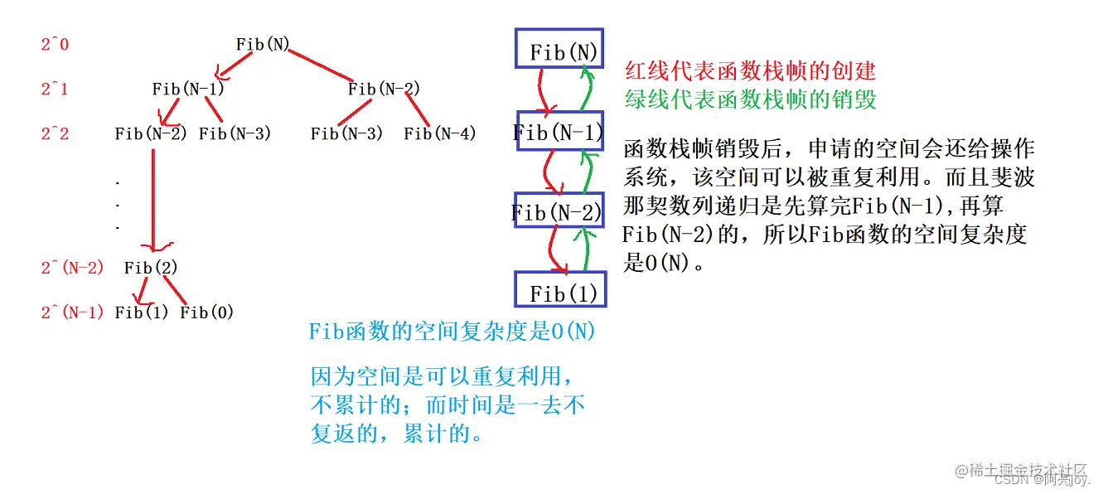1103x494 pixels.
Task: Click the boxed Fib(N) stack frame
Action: [558, 51]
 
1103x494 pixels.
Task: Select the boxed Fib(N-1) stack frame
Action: [558, 131]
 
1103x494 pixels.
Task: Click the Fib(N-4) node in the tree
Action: [440, 133]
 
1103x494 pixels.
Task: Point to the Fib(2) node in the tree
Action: [151, 268]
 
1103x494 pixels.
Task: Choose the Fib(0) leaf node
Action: [207, 312]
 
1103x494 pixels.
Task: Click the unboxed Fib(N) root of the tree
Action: [263, 44]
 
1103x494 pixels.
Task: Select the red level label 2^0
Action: [56, 44]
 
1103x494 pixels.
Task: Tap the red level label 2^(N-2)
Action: [73, 268]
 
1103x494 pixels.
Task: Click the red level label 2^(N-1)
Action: [73, 312]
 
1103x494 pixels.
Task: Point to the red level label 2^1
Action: [56, 89]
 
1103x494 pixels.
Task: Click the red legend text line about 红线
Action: [749, 71]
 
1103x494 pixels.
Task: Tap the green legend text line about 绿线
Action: [749, 100]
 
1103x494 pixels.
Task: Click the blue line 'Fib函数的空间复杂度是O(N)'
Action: [452, 332]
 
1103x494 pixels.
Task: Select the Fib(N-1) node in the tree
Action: [188, 89]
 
